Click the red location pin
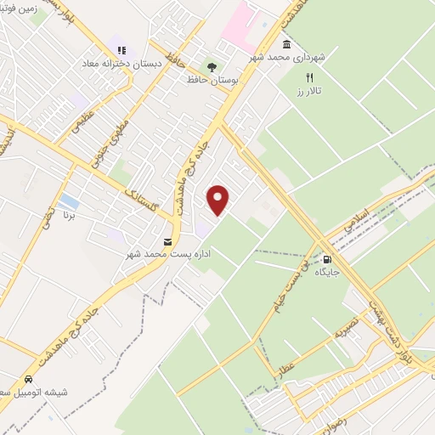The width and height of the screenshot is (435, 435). click(218, 198)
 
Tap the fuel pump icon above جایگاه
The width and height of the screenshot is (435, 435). click(326, 259)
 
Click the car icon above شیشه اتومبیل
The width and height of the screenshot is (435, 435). click(28, 378)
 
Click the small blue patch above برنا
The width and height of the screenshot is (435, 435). click(69, 202)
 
